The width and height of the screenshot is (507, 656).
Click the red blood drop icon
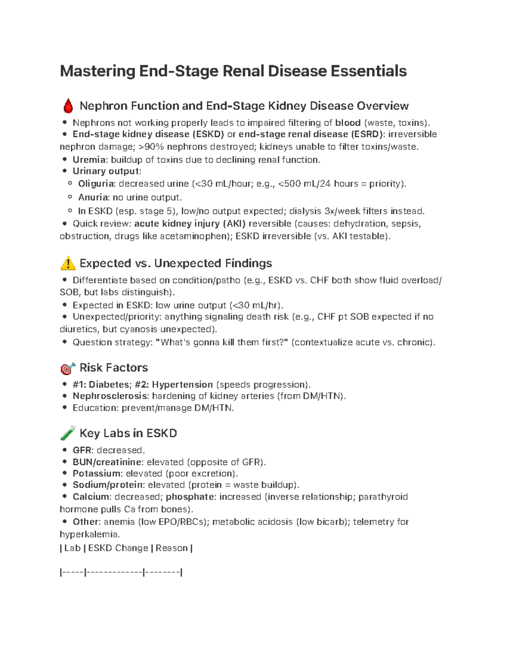[x=68, y=106]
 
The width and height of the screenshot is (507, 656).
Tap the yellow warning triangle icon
[x=68, y=264]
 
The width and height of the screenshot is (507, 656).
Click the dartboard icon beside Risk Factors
[x=68, y=368]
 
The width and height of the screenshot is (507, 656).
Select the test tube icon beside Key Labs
[x=68, y=433]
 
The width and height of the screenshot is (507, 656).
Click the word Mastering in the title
[x=98, y=71]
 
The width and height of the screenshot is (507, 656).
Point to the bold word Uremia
[x=89, y=160]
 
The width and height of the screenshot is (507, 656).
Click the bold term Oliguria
[x=96, y=184]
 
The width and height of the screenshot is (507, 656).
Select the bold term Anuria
[x=93, y=197]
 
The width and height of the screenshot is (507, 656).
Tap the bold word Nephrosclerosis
[x=110, y=396]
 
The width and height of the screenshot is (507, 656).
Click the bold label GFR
[x=82, y=450]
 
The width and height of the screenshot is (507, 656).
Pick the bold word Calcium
[x=91, y=497]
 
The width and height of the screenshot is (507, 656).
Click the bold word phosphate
[x=189, y=497]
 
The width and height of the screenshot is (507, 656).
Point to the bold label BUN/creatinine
[x=107, y=462]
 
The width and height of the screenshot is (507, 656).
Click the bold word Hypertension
[x=182, y=384]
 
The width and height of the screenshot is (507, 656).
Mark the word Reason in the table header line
[x=172, y=548]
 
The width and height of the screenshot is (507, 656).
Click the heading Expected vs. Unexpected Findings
[x=176, y=264]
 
